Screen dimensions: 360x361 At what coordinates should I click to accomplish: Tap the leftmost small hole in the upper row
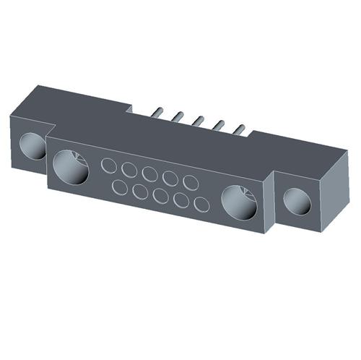pos(109,166)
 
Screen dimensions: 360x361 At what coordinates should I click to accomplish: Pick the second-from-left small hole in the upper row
pos(130,170)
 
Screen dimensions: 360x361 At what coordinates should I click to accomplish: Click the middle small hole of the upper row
pos(150,174)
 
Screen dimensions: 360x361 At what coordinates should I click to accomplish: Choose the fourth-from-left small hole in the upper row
pos(170,178)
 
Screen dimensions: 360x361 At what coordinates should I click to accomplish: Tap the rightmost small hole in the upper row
pos(191,182)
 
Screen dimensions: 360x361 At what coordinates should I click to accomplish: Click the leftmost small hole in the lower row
pos(121,189)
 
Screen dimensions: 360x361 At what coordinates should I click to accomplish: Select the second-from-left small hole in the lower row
pos(141,193)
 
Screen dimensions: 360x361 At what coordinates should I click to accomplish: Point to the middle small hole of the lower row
pos(161,197)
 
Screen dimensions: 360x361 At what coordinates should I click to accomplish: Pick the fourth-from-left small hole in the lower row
pos(181,201)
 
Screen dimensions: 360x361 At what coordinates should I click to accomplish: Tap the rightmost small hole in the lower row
pos(201,205)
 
